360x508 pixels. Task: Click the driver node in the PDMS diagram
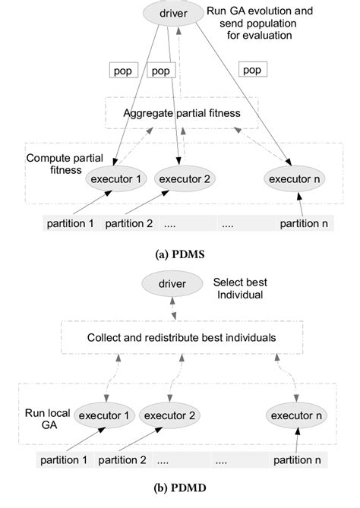point(177,14)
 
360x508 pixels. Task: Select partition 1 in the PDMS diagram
point(69,224)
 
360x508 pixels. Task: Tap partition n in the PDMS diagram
point(305,224)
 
